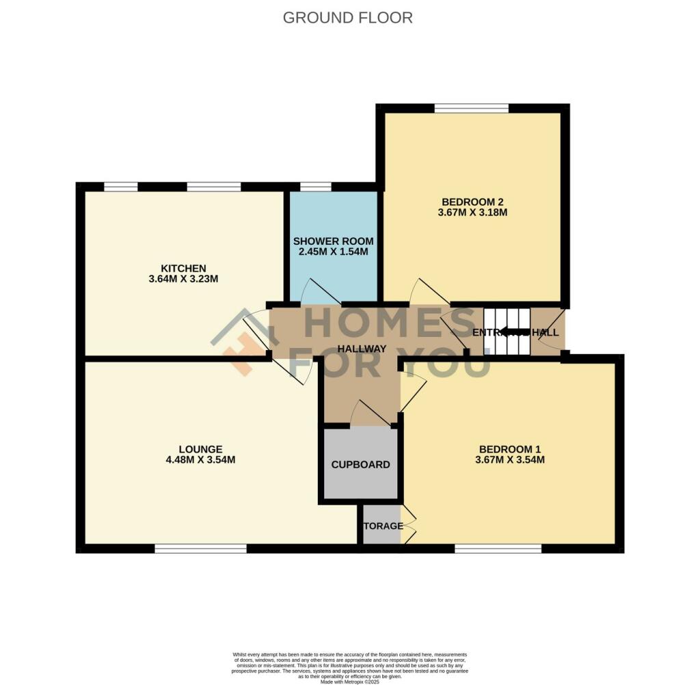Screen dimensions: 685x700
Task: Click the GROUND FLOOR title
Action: pyautogui.click(x=347, y=18)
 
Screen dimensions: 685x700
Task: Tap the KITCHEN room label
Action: pyautogui.click(x=183, y=267)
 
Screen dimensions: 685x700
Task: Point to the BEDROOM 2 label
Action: pyautogui.click(x=472, y=202)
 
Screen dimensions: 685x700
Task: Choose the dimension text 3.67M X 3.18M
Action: pyautogui.click(x=472, y=213)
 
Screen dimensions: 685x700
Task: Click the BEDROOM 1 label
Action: pyautogui.click(x=510, y=448)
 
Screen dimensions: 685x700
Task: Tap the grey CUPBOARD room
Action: pyautogui.click(x=360, y=464)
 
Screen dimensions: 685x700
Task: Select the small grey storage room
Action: pyautogui.click(x=381, y=526)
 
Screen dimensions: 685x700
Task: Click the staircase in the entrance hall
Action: pyautogui.click(x=507, y=332)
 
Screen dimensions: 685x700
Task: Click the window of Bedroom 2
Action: pyautogui.click(x=471, y=107)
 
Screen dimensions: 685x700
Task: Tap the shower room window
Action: pyautogui.click(x=315, y=186)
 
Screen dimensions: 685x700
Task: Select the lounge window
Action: pyautogui.click(x=200, y=548)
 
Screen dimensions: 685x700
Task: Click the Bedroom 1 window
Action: pyautogui.click(x=498, y=548)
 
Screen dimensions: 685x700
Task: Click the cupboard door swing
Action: pyautogui.click(x=369, y=413)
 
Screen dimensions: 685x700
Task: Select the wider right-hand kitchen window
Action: pyautogui.click(x=213, y=186)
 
